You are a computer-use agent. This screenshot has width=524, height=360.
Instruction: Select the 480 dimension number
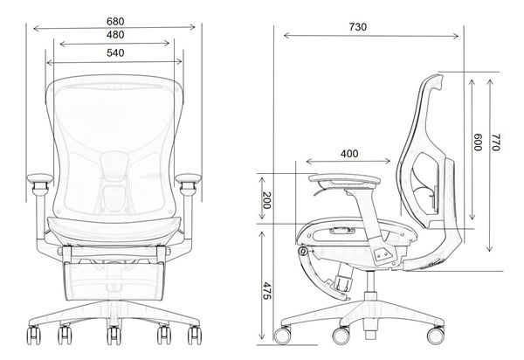pos(114,36)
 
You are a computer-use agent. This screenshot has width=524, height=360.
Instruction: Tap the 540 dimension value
pos(114,53)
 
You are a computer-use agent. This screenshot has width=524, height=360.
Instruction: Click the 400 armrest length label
pos(349,154)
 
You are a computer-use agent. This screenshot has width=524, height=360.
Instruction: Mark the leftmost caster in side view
pos(284,335)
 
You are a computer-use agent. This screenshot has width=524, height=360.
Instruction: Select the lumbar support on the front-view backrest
pos(114,166)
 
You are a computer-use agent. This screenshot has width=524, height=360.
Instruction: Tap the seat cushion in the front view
pos(114,229)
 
